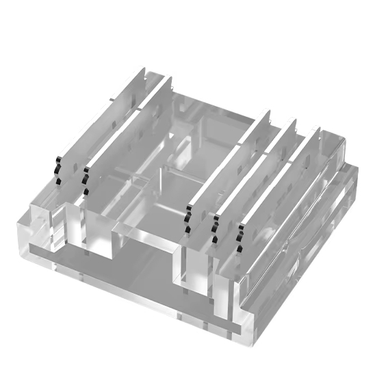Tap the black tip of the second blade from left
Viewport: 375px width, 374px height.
(86, 178)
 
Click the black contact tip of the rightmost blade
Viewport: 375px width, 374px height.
(240, 236)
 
